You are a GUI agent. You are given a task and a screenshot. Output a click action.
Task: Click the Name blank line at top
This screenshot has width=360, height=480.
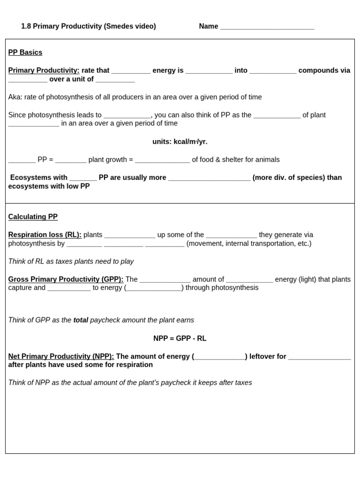pyautogui.click(x=267, y=27)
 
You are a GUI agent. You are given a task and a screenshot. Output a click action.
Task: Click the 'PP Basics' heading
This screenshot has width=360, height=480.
pyautogui.click(x=25, y=52)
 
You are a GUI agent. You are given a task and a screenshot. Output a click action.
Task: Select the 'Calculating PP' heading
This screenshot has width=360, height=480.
pyautogui.click(x=33, y=217)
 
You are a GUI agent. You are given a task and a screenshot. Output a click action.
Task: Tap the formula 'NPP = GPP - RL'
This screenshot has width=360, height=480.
pyautogui.click(x=180, y=338)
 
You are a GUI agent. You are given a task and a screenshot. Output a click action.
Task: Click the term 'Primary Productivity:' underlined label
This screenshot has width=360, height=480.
pyautogui.click(x=44, y=70)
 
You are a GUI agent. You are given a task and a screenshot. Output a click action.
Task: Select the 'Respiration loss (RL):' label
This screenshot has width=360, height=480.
pyautogui.click(x=45, y=235)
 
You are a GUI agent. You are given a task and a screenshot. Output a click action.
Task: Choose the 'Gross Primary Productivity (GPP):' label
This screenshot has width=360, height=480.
pyautogui.click(x=66, y=279)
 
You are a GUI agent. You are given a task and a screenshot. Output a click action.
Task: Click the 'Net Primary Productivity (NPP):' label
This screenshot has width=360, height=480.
pyautogui.click(x=61, y=356)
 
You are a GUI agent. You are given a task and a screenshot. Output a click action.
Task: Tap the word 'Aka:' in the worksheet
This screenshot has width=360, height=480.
pyautogui.click(x=15, y=97)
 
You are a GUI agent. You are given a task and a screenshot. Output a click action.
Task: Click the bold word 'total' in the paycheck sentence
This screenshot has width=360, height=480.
pyautogui.click(x=81, y=320)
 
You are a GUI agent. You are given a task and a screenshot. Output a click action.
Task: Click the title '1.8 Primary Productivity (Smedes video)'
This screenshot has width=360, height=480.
pyautogui.click(x=89, y=26)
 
